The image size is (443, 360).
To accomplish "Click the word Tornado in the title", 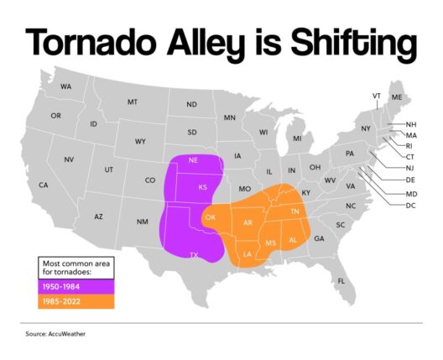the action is pyautogui.click(x=91, y=42).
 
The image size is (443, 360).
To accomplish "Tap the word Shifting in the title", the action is pyautogui.click(x=353, y=44).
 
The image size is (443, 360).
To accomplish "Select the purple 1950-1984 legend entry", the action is pyautogui.click(x=76, y=287).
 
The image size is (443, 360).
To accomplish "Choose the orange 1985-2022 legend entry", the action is pyautogui.click(x=76, y=301).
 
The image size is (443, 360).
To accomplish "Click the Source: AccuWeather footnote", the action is pyautogui.click(x=55, y=334).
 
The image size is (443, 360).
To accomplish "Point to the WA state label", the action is pyautogui.click(x=65, y=86).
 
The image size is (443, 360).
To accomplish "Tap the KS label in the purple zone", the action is pyautogui.click(x=202, y=187).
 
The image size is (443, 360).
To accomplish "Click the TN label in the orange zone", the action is pyautogui.click(x=294, y=211).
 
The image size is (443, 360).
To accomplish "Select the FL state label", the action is pyautogui.click(x=341, y=281).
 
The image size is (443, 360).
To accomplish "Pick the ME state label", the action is pyautogui.click(x=397, y=97).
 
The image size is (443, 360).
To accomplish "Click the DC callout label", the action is pyautogui.click(x=410, y=206).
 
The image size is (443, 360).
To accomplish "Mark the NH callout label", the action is pyautogui.click(x=411, y=124).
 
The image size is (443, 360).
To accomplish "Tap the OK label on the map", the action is pyautogui.click(x=211, y=217).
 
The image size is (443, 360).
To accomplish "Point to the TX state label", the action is pyautogui.click(x=194, y=255).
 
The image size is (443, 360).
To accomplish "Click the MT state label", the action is pyautogui.click(x=133, y=102).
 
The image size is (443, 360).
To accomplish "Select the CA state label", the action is pyautogui.click(x=44, y=185).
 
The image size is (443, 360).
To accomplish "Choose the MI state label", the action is pyautogui.click(x=297, y=138).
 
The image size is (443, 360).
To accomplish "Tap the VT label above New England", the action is pyautogui.click(x=377, y=96).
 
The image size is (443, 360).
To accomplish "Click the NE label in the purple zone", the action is pyautogui.click(x=193, y=160).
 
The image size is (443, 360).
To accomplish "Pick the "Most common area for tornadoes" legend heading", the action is pyautogui.click(x=76, y=268).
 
